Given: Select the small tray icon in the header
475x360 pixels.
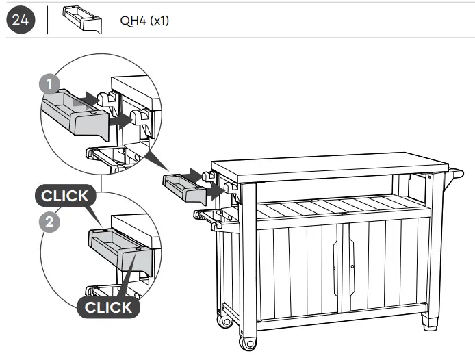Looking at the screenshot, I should (x=81, y=21).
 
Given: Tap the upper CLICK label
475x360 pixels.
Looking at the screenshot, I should (x=65, y=196).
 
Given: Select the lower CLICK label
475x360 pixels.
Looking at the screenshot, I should (x=108, y=307).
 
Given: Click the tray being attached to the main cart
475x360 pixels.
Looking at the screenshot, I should (x=183, y=188).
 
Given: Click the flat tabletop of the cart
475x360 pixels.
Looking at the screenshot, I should (x=329, y=164).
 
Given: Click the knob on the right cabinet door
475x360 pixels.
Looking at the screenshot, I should (x=352, y=266).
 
